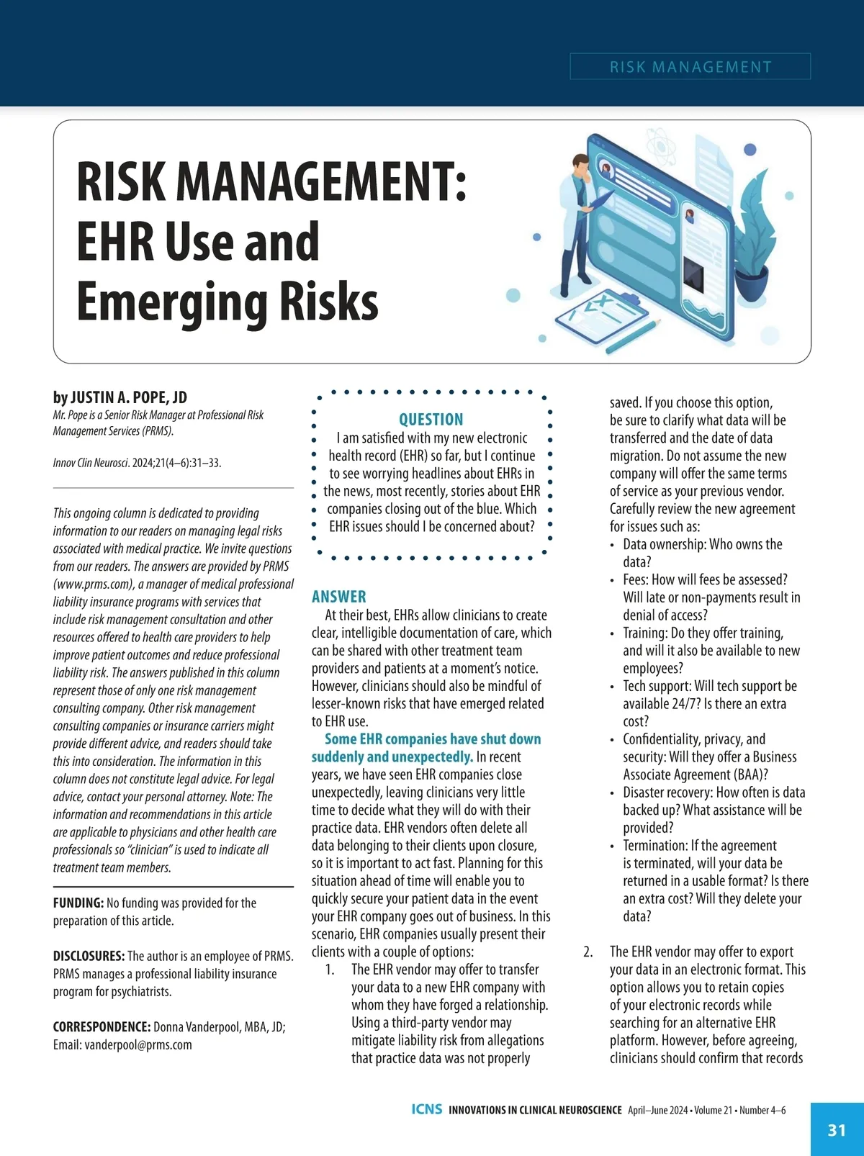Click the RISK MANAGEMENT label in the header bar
tap(690, 67)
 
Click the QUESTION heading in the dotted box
tap(431, 420)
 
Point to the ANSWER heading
tap(338, 597)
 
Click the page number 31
tap(837, 1130)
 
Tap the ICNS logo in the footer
tap(427, 1109)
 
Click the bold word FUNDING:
tap(78, 903)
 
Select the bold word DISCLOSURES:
tap(89, 956)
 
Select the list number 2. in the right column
tap(588, 952)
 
